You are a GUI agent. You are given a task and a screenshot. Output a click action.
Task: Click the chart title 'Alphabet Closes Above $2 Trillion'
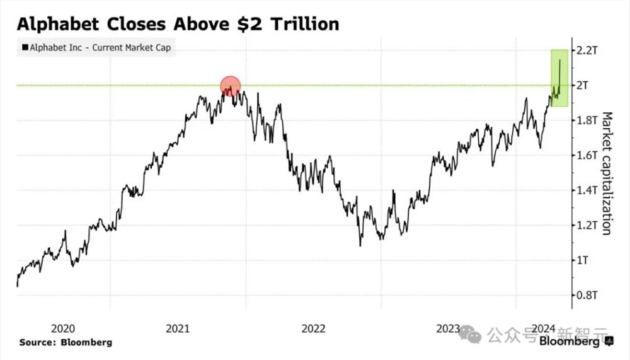coord(178,24)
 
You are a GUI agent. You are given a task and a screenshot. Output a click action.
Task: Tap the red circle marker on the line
coord(231,86)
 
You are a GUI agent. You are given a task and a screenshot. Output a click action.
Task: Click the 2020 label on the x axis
coord(62,328)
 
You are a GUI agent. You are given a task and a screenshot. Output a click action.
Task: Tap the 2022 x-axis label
coord(313,328)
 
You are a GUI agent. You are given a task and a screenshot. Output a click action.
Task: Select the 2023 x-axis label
coord(448,328)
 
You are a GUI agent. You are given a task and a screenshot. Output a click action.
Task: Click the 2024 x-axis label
coord(543,328)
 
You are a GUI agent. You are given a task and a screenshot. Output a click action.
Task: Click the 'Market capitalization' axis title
coord(607,173)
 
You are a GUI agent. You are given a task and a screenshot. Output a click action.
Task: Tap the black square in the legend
coord(25,47)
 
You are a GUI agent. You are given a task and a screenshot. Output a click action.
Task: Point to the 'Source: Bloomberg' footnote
coord(66,342)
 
